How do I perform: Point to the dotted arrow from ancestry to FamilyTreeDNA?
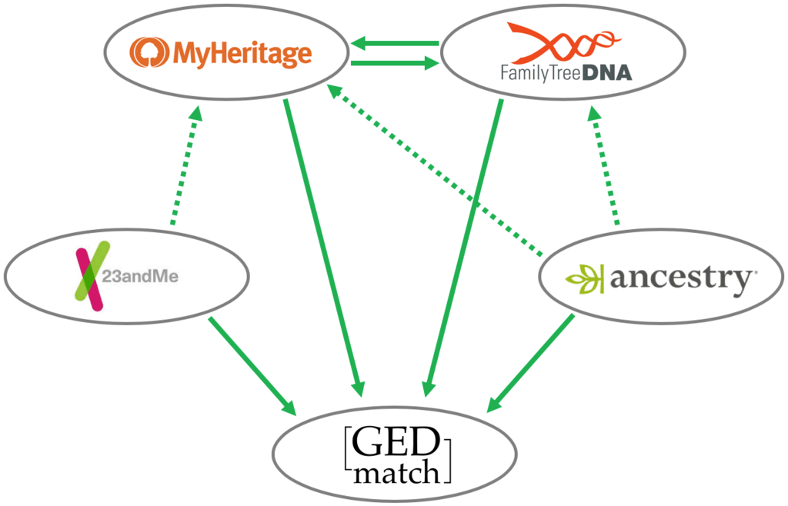coord(604,165)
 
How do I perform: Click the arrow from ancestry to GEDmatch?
coord(532,361)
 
